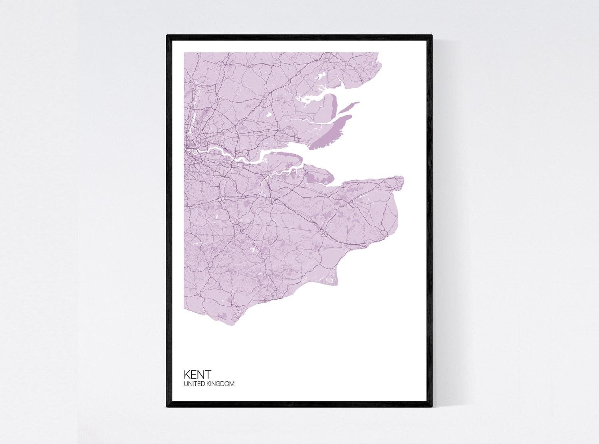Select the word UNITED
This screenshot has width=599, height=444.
[193, 384]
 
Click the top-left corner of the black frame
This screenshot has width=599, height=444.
[167, 36]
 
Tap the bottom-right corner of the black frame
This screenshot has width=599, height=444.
[432, 407]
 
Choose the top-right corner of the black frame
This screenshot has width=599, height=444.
[432, 36]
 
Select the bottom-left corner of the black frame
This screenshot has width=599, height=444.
[167, 407]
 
